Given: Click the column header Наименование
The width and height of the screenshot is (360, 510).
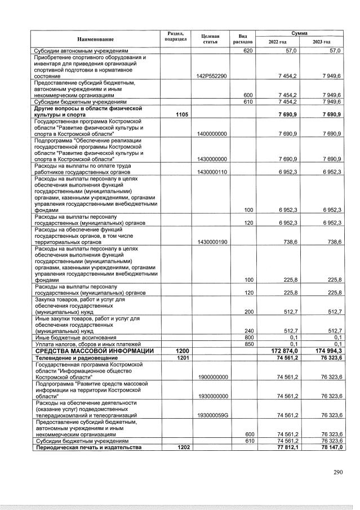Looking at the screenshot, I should pyautogui.click(x=95, y=39).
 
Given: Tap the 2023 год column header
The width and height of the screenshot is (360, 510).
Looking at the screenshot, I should pyautogui.click(x=322, y=42).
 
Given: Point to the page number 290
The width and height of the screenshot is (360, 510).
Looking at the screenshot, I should pyautogui.click(x=337, y=472).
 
